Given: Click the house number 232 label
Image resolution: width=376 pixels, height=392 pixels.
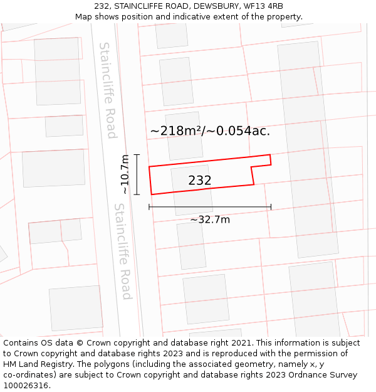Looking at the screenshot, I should tap(200, 181).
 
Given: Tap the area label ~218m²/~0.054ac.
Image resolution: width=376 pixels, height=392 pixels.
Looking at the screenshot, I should tap(210, 131).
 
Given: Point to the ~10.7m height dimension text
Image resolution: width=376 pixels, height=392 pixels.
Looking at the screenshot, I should tap(125, 174).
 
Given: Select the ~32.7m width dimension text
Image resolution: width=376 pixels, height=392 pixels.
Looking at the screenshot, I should tap(210, 220).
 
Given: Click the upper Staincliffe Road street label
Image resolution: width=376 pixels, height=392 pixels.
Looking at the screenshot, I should tap(108, 90).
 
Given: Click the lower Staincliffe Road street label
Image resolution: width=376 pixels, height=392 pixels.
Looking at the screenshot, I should tap(123, 251).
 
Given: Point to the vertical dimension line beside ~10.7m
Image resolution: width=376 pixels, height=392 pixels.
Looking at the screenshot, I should tap(137, 174).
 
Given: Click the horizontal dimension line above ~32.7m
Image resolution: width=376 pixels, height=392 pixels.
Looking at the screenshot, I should tap(210, 206).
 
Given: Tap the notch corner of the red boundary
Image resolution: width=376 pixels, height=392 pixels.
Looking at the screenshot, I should tap(251, 167).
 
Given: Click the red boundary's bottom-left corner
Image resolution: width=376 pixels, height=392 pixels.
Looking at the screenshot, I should tap(152, 194).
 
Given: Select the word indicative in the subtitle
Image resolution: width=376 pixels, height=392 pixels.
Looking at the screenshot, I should tap(206, 17).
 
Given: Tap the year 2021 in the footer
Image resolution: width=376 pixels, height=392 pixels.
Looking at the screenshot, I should tap(241, 343).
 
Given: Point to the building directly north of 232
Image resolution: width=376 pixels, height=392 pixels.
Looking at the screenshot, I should tap(184, 135).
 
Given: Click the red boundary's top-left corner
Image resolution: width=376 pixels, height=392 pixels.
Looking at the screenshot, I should tap(149, 167).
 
